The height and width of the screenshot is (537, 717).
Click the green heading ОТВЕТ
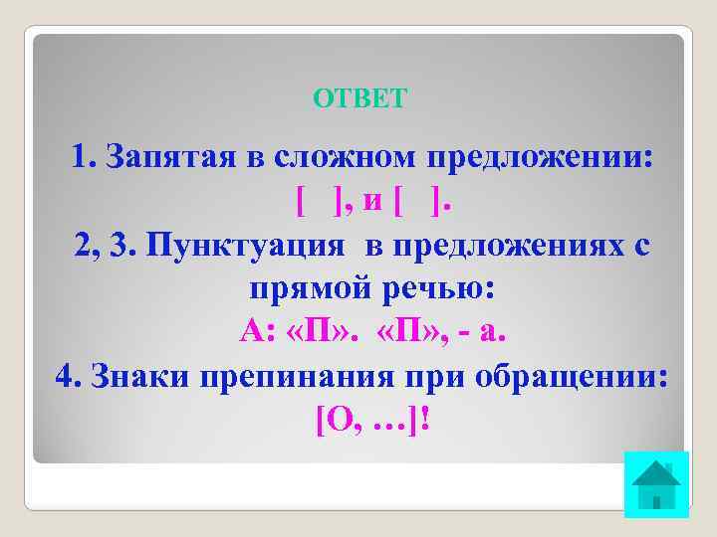point(359,97)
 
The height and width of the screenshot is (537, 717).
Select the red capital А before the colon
point(249,332)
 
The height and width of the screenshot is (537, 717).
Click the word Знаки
point(139,377)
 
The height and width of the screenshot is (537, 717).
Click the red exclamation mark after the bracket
point(425,421)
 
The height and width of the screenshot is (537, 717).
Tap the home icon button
point(655,484)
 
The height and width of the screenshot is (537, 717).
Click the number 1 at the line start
point(81,156)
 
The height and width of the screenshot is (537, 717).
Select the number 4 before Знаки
point(66,377)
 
